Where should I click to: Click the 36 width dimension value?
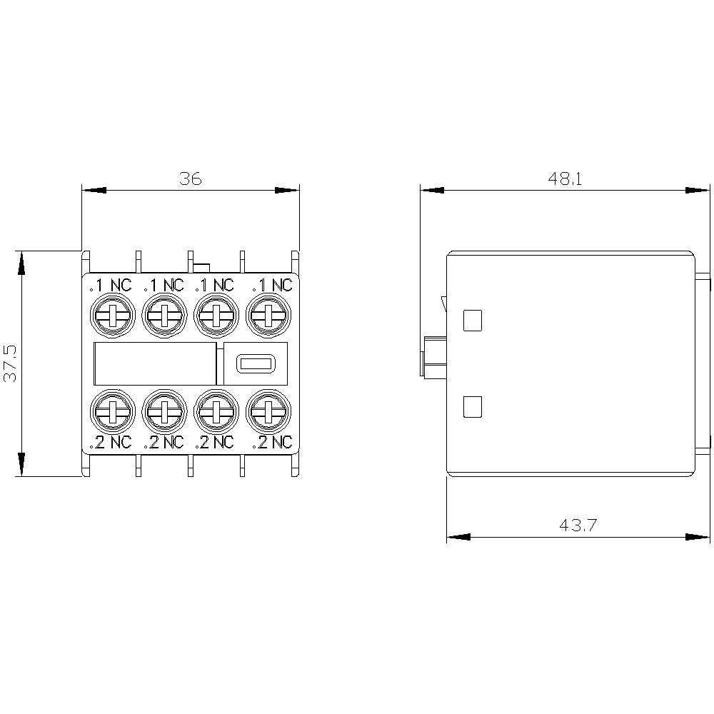[191, 178]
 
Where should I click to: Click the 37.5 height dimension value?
[11, 363]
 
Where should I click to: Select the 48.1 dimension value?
[565, 178]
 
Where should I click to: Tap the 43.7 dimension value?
[578, 526]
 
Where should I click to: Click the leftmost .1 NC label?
[111, 286]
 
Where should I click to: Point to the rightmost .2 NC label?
[272, 442]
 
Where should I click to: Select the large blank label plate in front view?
[155, 363]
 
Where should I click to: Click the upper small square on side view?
[473, 321]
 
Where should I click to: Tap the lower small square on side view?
[473, 407]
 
